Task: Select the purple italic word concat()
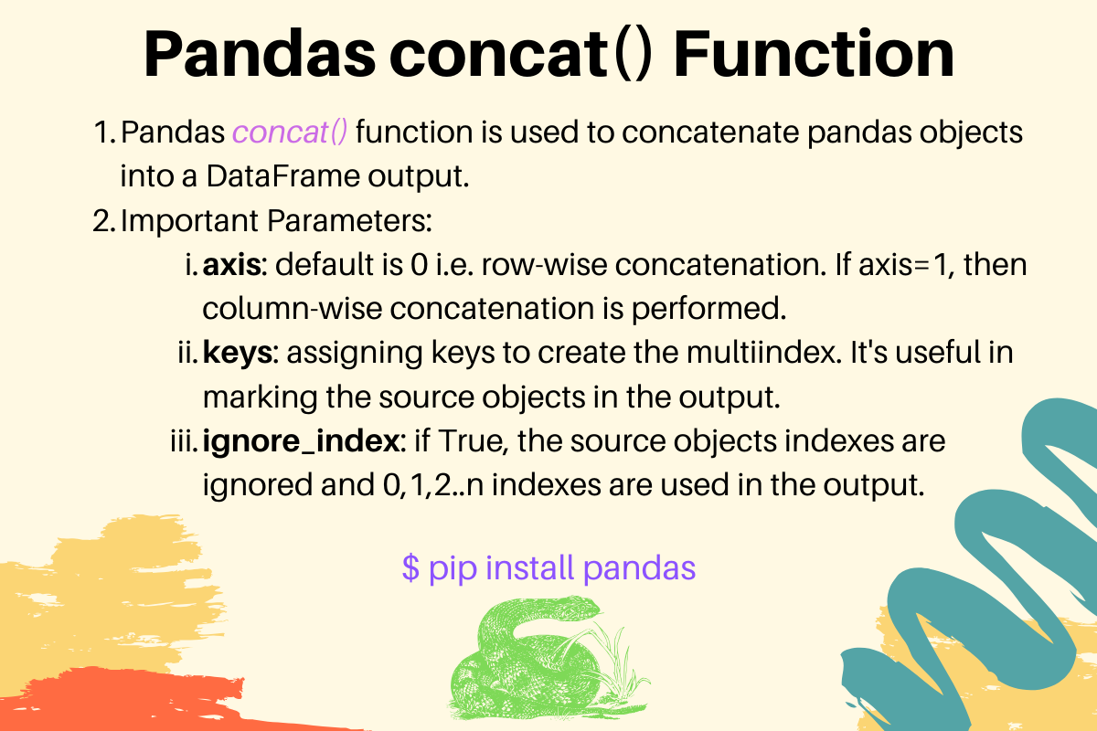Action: (x=290, y=132)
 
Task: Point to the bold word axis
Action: (x=232, y=266)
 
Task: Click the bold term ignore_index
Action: (x=303, y=441)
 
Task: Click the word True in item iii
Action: (x=474, y=441)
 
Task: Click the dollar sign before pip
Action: (x=410, y=568)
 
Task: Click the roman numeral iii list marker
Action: (x=179, y=441)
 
